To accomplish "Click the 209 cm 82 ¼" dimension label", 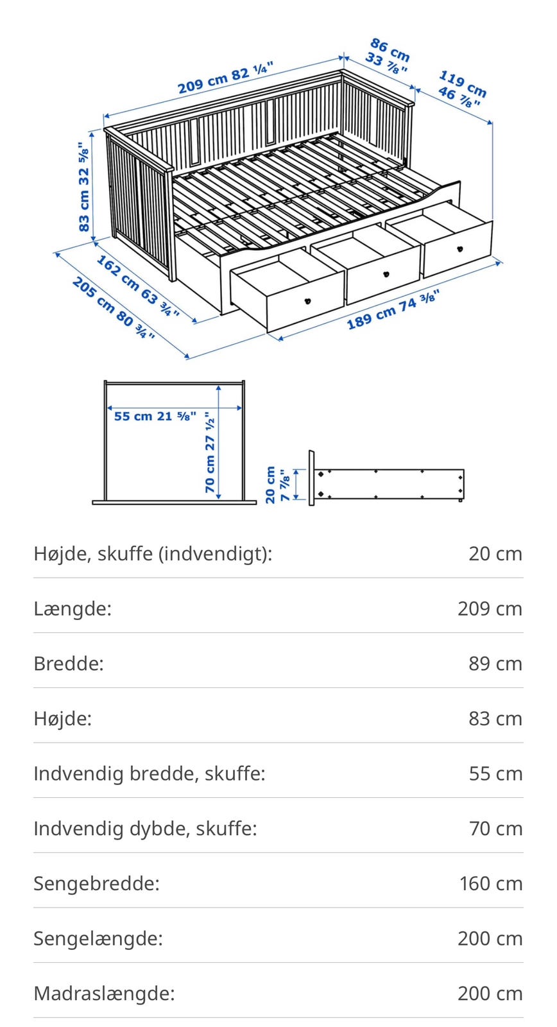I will click(225, 77).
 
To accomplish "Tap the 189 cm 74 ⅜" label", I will click(393, 310).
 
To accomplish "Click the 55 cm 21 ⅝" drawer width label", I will click(155, 416).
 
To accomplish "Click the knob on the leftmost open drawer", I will click(308, 300).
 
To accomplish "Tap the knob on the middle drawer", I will click(386, 274).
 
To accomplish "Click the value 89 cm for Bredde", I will click(495, 663).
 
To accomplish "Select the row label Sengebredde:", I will click(96, 883).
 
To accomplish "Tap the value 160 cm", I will click(490, 883).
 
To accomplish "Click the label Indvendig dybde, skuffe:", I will click(145, 828).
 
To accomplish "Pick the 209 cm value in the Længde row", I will click(490, 608).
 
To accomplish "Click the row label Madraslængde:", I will click(104, 993).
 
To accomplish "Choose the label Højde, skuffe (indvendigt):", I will click(153, 553).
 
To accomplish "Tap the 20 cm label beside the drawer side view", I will click(270, 485).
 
